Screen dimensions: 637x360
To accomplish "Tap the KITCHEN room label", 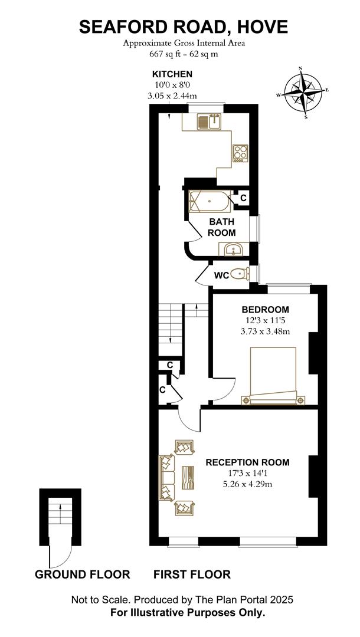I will pos(172,74).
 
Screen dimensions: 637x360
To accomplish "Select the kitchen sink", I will pos(210,122).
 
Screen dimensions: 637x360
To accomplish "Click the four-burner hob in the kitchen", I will pos(240,153).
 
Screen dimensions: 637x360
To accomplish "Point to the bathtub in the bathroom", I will pos(210,202).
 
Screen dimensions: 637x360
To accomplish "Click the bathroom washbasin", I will pos(234,250).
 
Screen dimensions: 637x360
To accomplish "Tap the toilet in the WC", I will pos(240,274).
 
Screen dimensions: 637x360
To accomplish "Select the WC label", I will pos(222,275).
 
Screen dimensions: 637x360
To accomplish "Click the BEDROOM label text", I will pos(266,310).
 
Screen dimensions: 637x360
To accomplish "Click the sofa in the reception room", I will pos(167,477).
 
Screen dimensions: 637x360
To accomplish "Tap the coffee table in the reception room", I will pos(189,477).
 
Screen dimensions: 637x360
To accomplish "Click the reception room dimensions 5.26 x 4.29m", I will pos(248,484).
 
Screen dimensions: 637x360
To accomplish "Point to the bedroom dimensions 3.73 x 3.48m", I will pos(266,331).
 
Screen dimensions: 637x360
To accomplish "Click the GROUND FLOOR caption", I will pos(83,574).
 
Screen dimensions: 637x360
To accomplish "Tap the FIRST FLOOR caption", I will pos(192,574).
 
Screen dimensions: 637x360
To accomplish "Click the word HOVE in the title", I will pos(260,27).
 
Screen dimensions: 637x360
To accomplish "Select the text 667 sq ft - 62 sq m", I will pos(184,54).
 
